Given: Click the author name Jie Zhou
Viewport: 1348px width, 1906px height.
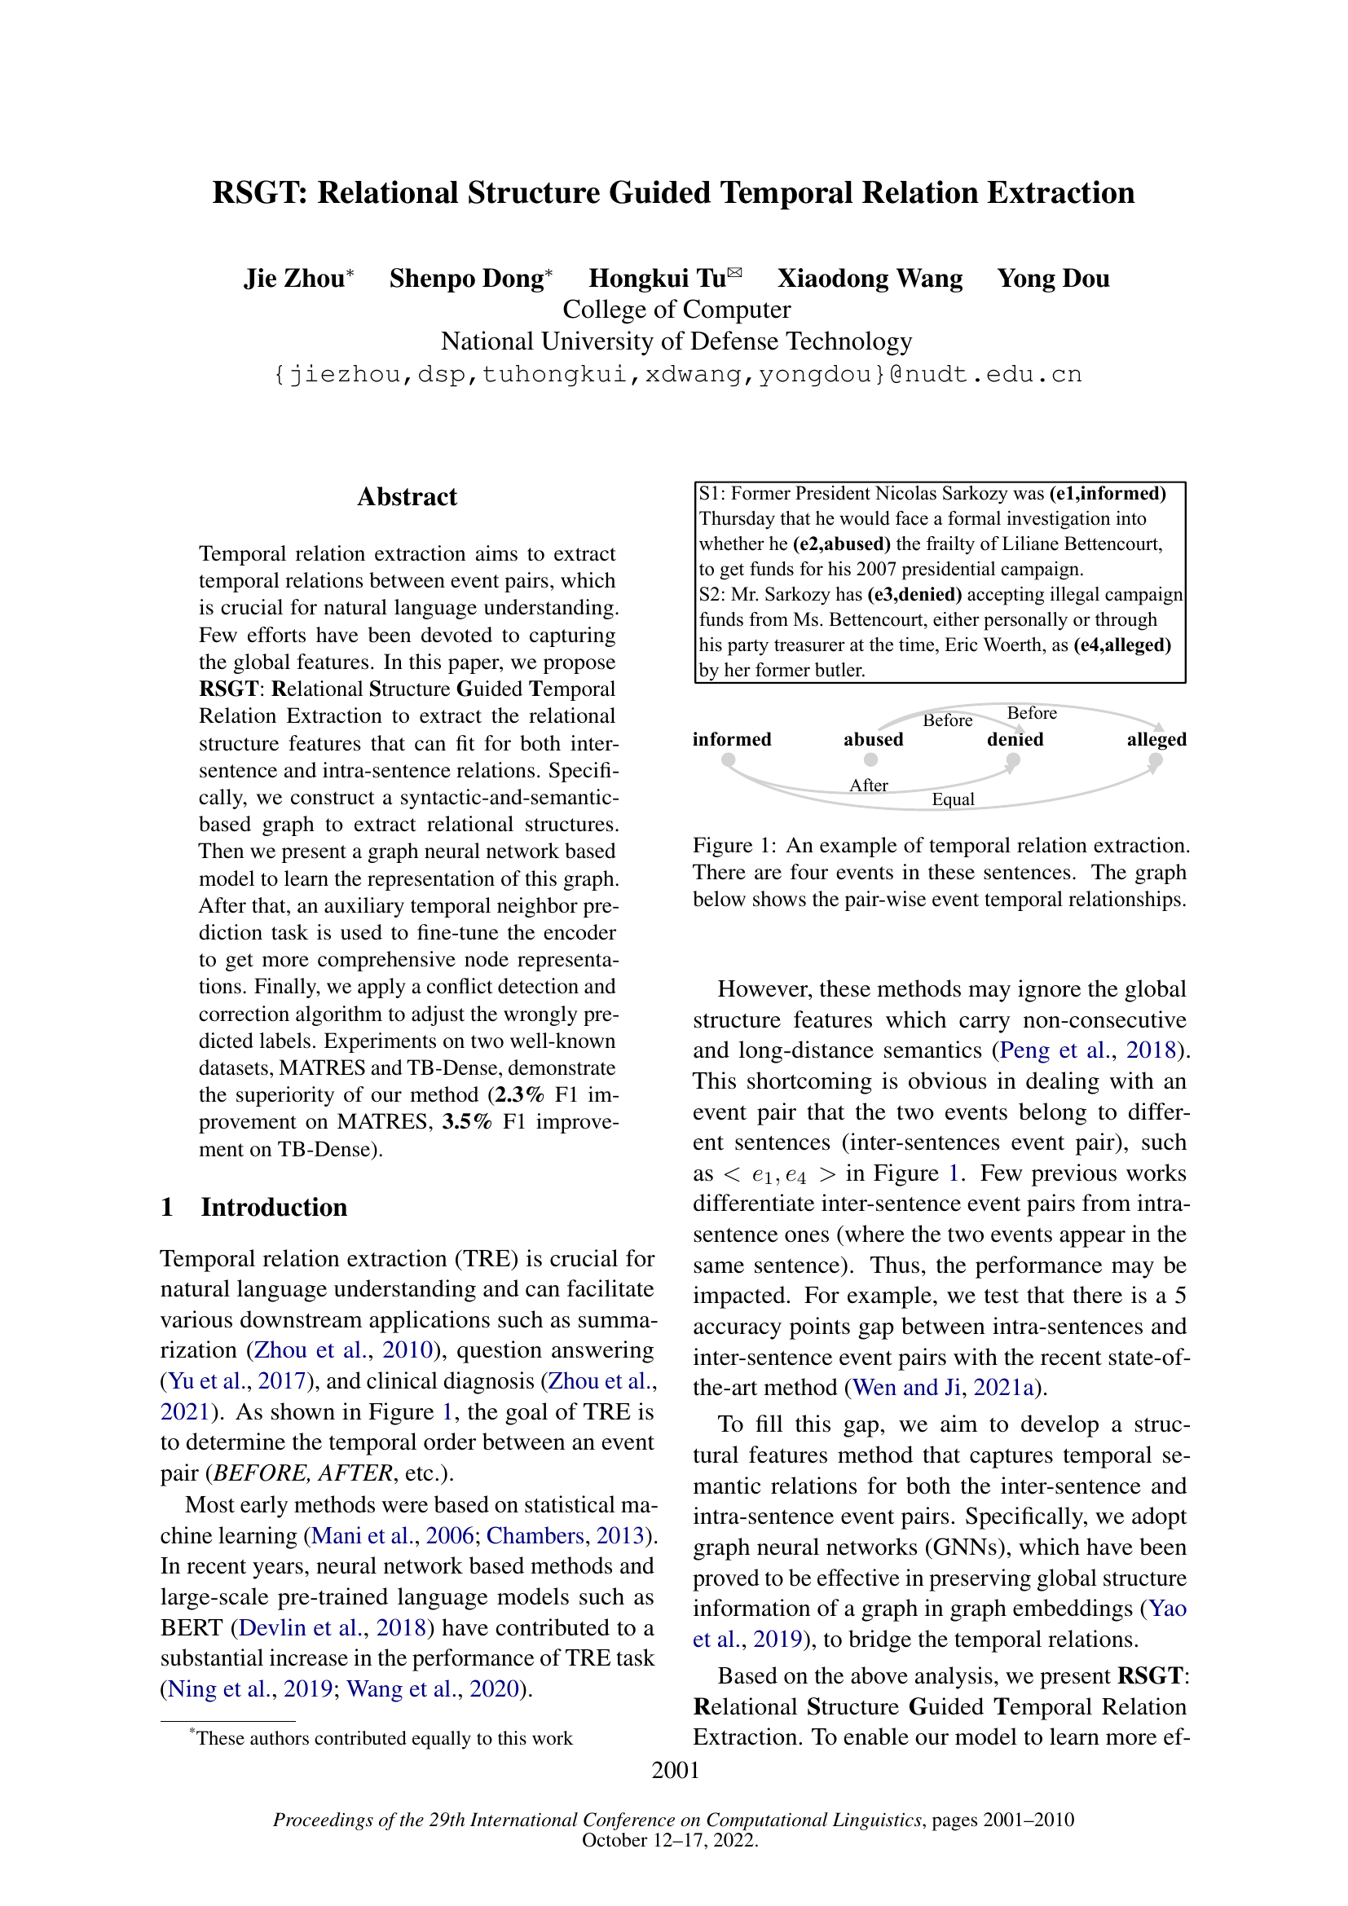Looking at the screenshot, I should [x=294, y=279].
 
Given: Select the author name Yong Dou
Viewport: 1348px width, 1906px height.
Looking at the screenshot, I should [x=1052, y=279].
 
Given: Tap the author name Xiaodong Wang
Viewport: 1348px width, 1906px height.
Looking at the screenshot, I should [x=869, y=279].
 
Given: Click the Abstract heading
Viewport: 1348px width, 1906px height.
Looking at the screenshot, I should [x=407, y=496].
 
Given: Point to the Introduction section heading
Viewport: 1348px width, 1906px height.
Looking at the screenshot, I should [x=273, y=1207].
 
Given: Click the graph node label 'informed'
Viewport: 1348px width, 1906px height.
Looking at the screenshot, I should [x=731, y=740].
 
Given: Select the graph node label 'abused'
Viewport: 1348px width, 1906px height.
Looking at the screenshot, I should [x=873, y=740].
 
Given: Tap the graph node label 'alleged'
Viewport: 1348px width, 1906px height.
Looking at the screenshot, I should [x=1156, y=740].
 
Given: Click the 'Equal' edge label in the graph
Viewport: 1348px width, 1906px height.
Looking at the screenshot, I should [x=953, y=799].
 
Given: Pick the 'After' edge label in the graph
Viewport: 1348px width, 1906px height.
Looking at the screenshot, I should [x=868, y=786].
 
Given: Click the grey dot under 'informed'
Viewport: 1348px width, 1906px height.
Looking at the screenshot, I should [x=728, y=759].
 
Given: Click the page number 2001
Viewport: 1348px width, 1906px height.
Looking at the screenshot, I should [x=675, y=1771].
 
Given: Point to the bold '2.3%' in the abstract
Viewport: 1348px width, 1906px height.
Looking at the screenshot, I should [x=520, y=1095].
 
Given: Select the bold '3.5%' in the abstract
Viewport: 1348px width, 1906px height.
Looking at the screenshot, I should [x=466, y=1122].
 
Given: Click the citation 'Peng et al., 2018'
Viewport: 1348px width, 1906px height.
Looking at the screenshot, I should [x=1088, y=1050].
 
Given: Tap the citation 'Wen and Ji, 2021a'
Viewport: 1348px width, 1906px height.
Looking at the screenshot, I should [x=944, y=1387].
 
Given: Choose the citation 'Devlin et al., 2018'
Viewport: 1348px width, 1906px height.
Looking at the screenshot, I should [x=332, y=1627].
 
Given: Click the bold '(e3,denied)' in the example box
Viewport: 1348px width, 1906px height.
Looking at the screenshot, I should [x=914, y=594].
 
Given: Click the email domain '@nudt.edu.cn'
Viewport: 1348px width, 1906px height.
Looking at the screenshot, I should [x=985, y=374].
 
